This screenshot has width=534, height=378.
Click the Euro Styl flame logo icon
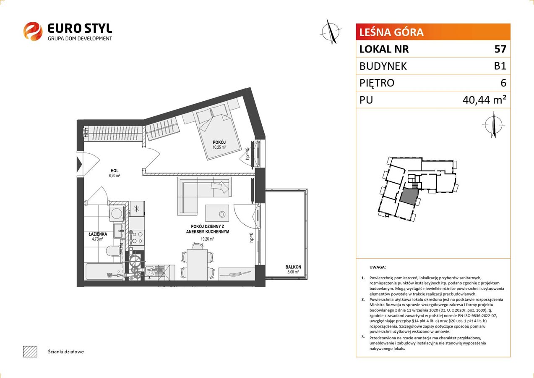point(33,31)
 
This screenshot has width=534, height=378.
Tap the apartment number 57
point(500,49)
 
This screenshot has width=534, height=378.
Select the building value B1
point(500,66)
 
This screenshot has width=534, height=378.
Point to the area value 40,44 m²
point(485,100)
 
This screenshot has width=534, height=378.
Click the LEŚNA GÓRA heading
point(391,32)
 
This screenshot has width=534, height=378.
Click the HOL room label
point(115,171)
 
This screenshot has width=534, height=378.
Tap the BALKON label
point(293,267)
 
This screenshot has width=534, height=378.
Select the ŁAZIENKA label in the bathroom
point(98,234)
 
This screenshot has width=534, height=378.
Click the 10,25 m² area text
point(219,147)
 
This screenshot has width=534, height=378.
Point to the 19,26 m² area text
point(207,239)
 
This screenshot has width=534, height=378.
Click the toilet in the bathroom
point(113,251)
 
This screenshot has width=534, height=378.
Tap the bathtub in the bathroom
point(104,272)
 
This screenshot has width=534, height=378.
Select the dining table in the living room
point(197,265)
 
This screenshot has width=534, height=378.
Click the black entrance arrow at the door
point(79,164)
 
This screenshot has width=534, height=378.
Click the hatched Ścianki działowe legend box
point(30,352)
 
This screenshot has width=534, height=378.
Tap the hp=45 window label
point(247,153)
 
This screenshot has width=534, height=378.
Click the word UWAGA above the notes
point(378,267)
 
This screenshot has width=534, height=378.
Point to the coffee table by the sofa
point(217,213)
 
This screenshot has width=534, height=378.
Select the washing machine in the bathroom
point(116,213)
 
